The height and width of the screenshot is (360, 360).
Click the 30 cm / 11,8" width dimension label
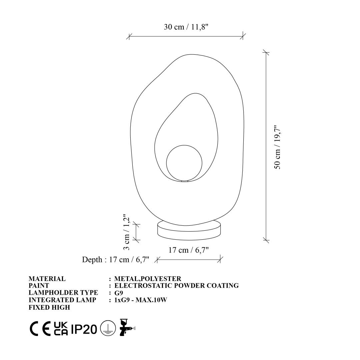click(186, 27)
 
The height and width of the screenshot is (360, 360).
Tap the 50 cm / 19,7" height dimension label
click(277, 147)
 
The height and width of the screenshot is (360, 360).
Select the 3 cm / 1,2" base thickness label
click(127, 232)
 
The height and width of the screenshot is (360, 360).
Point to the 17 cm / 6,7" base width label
click(188, 250)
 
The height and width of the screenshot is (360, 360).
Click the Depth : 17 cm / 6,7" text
click(116, 259)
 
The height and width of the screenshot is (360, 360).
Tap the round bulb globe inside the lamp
click(184, 163)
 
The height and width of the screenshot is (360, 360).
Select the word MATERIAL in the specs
click(47, 279)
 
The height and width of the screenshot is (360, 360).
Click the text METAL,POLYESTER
click(148, 279)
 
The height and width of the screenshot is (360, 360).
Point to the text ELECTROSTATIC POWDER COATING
click(177, 286)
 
